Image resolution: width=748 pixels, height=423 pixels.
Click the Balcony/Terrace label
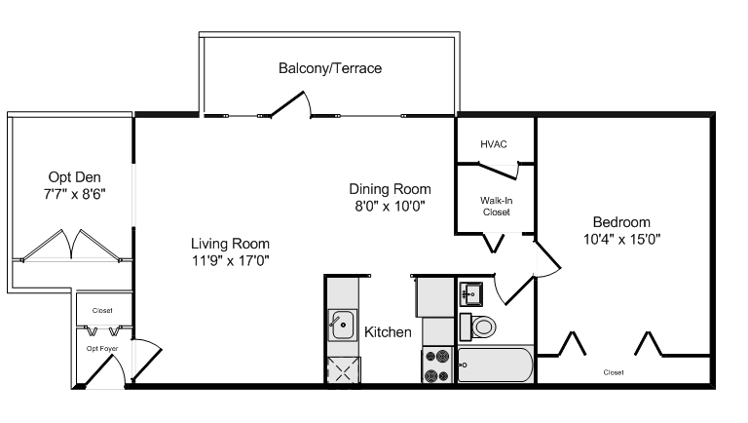(x=329, y=69)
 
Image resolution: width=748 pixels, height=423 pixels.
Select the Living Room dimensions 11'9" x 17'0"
(x=230, y=260)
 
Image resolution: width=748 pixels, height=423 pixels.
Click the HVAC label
(x=493, y=144)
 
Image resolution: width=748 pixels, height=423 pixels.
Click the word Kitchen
(x=388, y=332)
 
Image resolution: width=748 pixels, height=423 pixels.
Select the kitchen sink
(x=342, y=325)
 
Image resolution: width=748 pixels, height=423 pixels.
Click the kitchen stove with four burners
(x=437, y=365)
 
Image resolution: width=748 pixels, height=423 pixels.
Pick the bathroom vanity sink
(x=472, y=292)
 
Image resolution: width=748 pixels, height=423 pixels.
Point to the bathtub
(x=495, y=365)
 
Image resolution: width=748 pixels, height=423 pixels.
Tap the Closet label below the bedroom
(x=613, y=372)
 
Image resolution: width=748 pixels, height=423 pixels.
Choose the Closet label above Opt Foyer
(x=102, y=310)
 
